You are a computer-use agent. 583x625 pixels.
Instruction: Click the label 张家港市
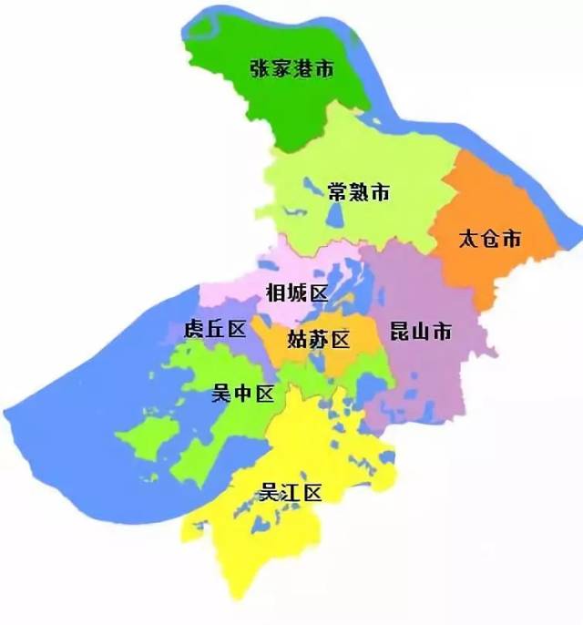291,68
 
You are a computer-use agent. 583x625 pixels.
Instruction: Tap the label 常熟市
358,192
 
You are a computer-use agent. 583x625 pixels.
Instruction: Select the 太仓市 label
490,240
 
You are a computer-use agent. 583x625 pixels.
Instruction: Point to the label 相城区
296,292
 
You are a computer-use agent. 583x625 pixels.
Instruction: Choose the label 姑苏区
319,340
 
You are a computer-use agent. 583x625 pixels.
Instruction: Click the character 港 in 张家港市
303,68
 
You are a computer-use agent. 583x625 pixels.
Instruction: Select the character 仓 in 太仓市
490,240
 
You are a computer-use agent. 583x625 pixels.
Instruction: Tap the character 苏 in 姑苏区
319,340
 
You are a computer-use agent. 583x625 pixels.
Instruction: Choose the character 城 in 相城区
296,292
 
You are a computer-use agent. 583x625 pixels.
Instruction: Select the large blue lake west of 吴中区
82,383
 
